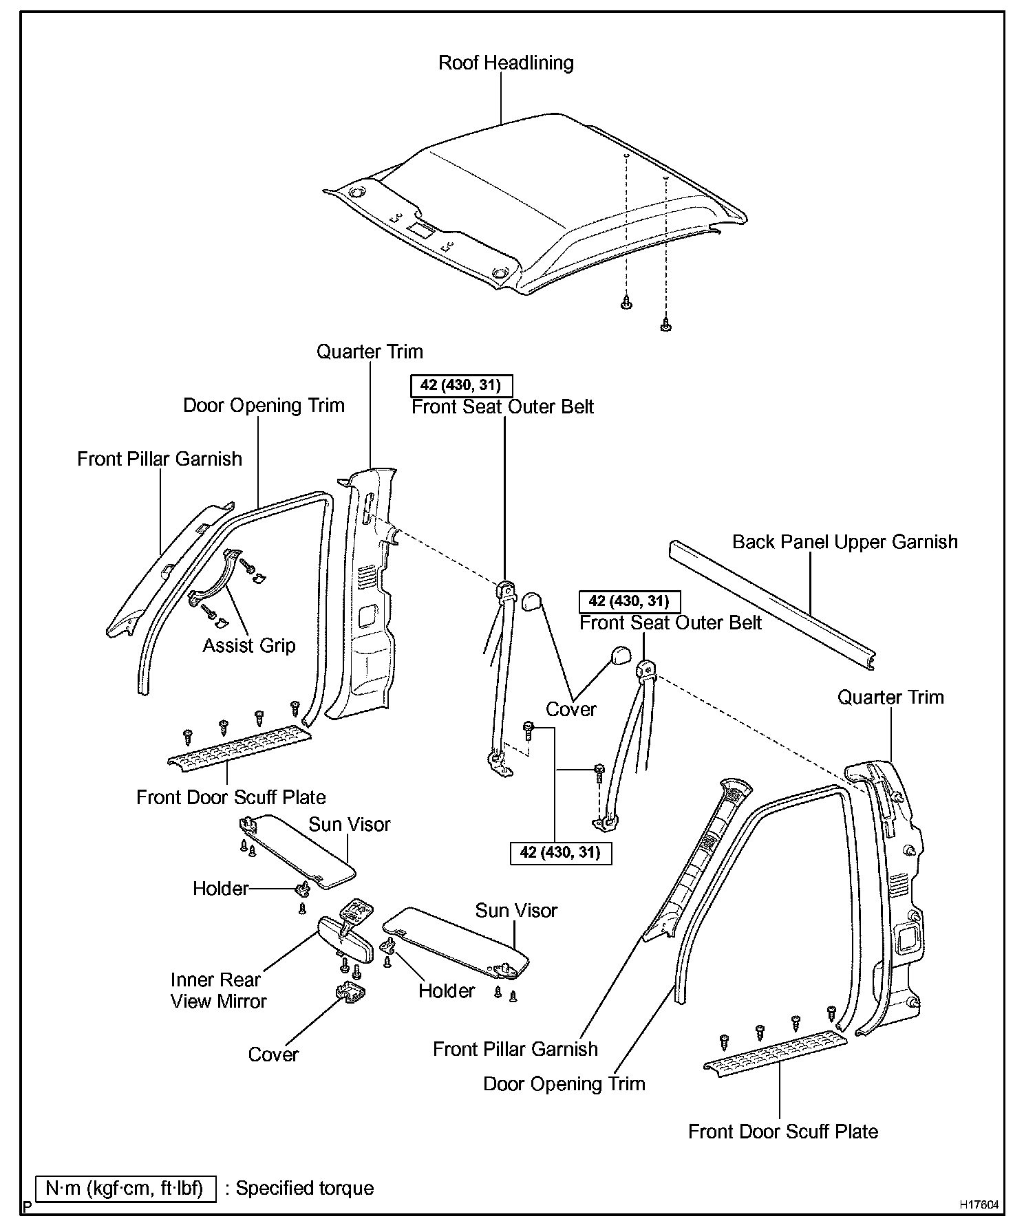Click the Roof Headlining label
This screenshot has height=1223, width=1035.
(x=506, y=63)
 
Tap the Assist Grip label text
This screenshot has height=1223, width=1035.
(x=248, y=646)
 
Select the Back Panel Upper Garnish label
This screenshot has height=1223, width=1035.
(x=844, y=542)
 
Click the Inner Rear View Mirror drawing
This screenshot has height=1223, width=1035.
(x=345, y=940)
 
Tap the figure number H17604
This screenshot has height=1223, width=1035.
(x=980, y=1205)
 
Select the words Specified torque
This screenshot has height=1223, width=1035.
(x=305, y=1189)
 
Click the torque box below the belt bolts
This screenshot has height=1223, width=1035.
(x=560, y=853)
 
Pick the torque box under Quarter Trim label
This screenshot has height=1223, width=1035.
(x=461, y=385)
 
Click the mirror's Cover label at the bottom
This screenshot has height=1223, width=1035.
(x=273, y=1054)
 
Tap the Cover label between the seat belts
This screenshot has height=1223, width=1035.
(x=570, y=709)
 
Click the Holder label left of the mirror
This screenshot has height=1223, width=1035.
(x=220, y=889)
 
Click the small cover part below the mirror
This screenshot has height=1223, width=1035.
(x=350, y=993)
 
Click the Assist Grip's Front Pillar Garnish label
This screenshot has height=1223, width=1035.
(x=160, y=459)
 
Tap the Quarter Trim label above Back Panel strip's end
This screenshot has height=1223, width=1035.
(x=890, y=697)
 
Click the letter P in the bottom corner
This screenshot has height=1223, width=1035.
(x=27, y=1206)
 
